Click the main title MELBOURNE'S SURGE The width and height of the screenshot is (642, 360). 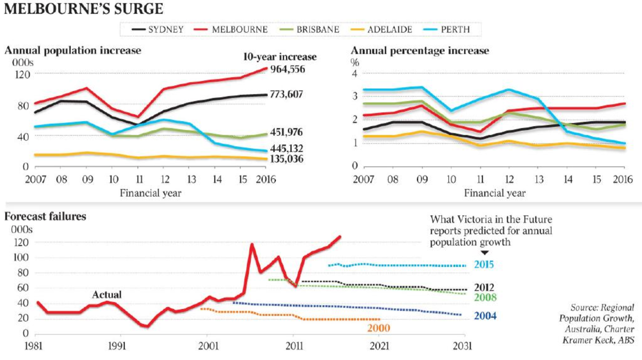pyautogui.click(x=83, y=9)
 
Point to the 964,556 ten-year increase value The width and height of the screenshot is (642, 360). pyautogui.click(x=287, y=69)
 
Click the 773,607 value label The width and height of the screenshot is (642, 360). pyautogui.click(x=286, y=94)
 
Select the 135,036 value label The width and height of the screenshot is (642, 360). pyautogui.click(x=287, y=159)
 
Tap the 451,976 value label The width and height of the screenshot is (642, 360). pyautogui.click(x=286, y=132)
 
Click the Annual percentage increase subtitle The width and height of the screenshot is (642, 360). pyautogui.click(x=420, y=51)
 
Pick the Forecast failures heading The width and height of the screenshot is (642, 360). pyautogui.click(x=45, y=216)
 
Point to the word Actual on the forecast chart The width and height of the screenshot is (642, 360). pyautogui.click(x=107, y=295)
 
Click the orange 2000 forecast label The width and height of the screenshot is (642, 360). pyautogui.click(x=378, y=328)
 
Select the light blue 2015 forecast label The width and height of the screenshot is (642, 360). pyautogui.click(x=484, y=265)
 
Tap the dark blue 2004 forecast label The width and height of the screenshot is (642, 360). pyautogui.click(x=485, y=316)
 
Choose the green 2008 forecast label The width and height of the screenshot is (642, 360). pyautogui.click(x=485, y=297)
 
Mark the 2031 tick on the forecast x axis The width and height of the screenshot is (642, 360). pyautogui.click(x=462, y=346)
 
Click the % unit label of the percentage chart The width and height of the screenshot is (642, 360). pyautogui.click(x=355, y=63)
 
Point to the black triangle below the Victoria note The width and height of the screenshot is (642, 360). pyautogui.click(x=484, y=253)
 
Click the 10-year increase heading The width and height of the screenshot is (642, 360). pyautogui.click(x=280, y=57)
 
